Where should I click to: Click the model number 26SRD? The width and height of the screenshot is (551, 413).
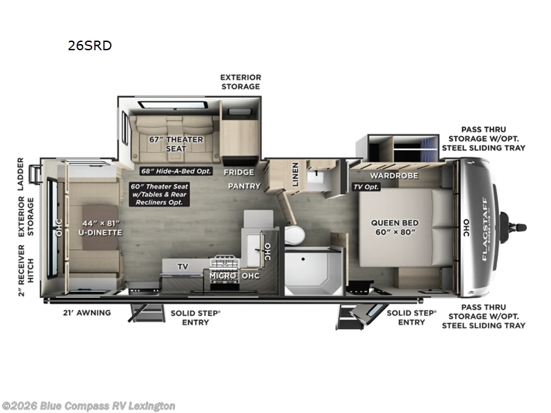point(89,46)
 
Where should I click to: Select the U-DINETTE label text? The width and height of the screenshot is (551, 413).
point(100,227)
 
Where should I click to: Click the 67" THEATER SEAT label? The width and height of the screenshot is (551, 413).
point(176,144)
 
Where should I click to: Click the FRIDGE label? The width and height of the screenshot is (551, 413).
point(238,172)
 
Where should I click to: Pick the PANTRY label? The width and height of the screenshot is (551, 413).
point(245,186)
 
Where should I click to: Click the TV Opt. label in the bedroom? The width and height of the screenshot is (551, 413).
point(367,187)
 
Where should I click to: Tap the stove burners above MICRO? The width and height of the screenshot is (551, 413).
point(226,262)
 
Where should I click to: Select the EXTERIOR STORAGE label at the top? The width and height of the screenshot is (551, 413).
point(240,82)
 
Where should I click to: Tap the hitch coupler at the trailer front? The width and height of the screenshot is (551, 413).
point(515,227)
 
